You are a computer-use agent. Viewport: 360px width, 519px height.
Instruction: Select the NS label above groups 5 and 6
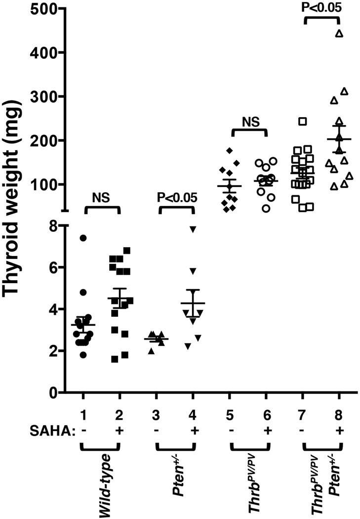248,119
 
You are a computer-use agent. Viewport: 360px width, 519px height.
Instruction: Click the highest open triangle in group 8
339,33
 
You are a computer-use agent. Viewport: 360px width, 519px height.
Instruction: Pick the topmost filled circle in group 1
83,238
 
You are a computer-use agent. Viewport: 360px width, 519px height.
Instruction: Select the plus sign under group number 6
267,430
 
